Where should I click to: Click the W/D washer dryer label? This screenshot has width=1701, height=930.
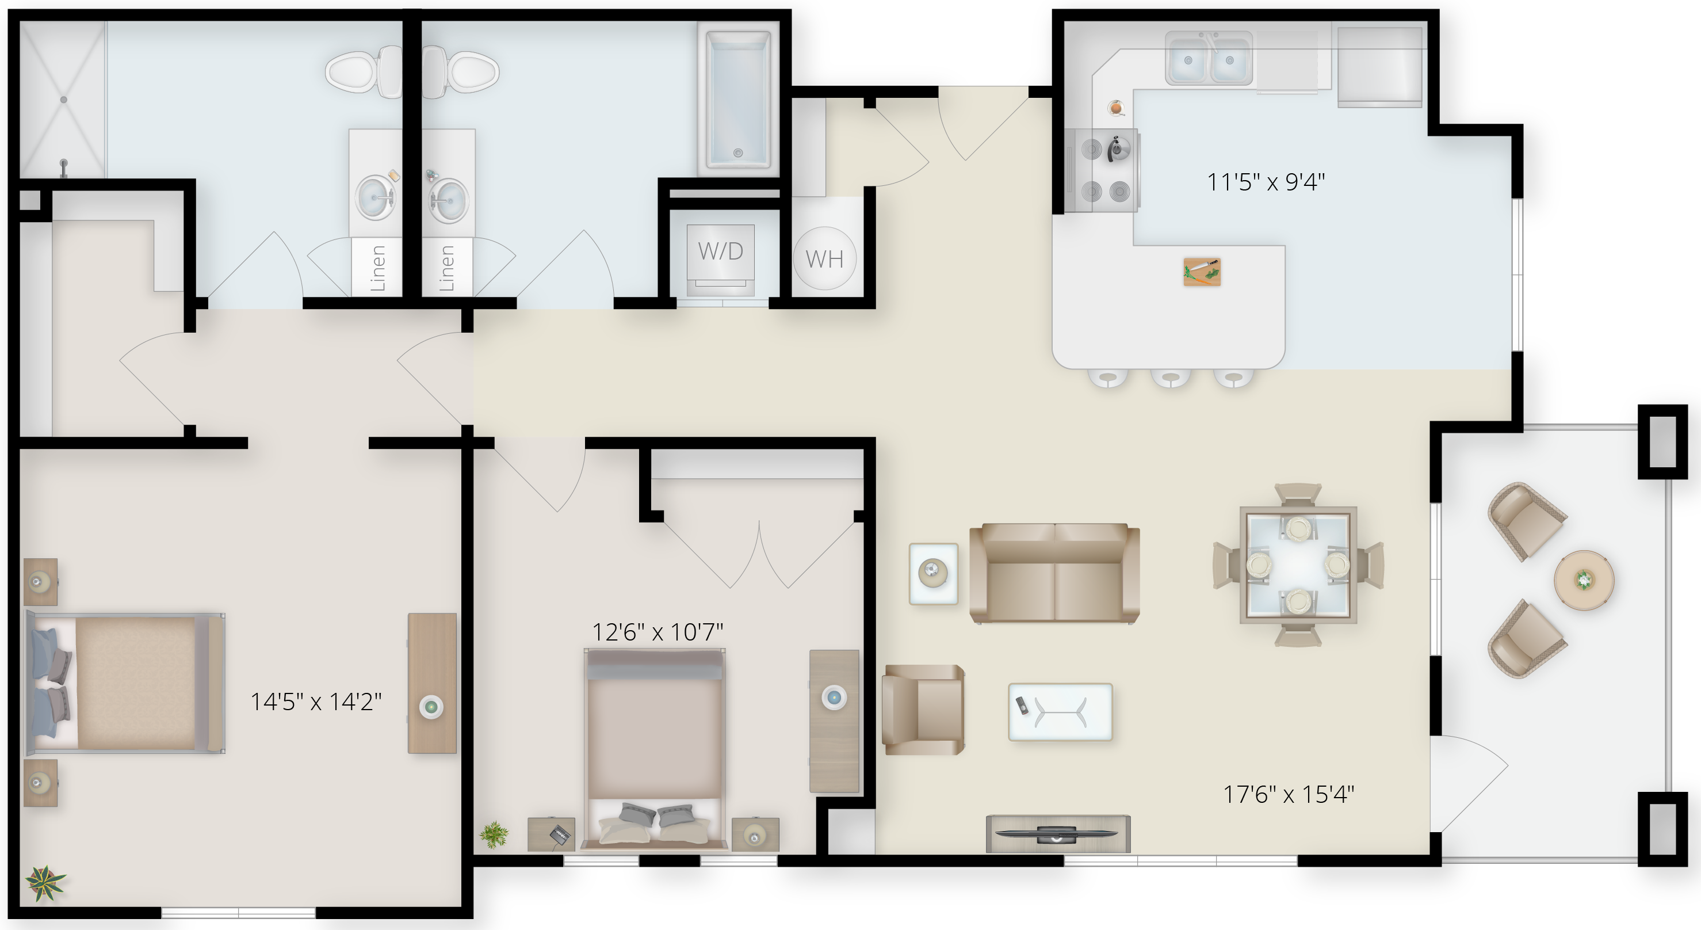[x=720, y=251]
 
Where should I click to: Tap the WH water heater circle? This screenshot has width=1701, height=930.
[x=825, y=258]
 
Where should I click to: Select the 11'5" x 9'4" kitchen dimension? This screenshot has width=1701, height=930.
[x=1266, y=182]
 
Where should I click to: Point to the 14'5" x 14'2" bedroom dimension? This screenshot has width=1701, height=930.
[x=316, y=702]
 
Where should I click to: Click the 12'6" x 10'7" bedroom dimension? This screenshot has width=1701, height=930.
[x=658, y=632]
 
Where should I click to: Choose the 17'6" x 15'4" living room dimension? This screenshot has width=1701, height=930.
[x=1289, y=794]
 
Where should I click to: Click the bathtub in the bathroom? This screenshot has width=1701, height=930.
[x=738, y=99]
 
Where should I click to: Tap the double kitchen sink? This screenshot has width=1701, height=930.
[x=1209, y=59]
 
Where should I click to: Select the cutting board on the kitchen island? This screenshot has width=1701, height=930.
[x=1202, y=272]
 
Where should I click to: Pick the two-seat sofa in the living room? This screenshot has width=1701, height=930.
[x=1054, y=573]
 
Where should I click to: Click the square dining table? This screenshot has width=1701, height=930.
[x=1298, y=565]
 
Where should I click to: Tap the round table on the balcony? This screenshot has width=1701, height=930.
[x=1584, y=580]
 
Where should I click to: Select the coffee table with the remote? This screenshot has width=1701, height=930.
[x=1060, y=712]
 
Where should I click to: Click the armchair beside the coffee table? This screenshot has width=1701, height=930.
[x=923, y=710]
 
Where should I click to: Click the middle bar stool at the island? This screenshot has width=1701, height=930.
[x=1171, y=378]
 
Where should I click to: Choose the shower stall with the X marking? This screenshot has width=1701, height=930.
[x=63, y=99]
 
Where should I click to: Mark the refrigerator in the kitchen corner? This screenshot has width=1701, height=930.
[x=1379, y=66]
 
